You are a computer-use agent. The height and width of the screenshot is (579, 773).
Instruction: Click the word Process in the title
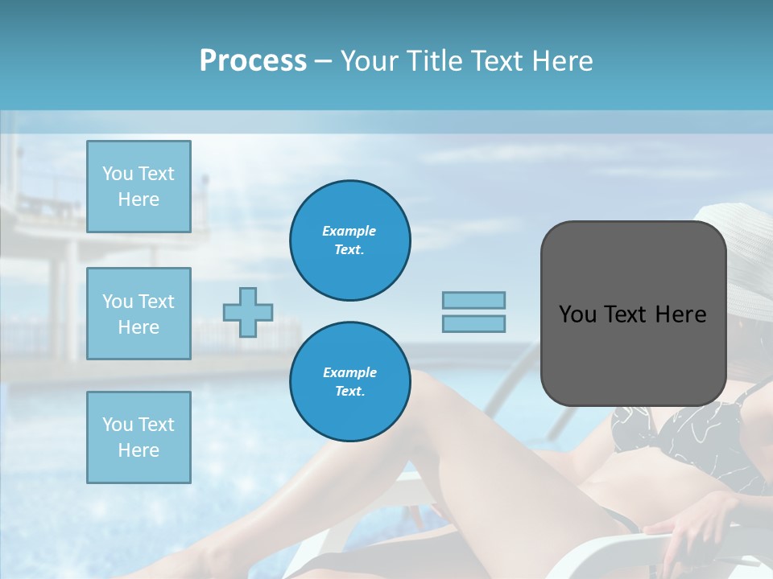click(x=253, y=61)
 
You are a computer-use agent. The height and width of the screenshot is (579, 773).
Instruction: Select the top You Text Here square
click(x=138, y=187)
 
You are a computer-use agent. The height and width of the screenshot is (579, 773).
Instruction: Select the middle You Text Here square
click(x=138, y=314)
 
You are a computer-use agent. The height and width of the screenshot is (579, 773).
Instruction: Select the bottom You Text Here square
click(x=138, y=437)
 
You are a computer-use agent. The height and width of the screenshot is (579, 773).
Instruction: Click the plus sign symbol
click(x=248, y=312)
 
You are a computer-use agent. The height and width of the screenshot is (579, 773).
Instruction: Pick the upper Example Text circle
click(x=349, y=240)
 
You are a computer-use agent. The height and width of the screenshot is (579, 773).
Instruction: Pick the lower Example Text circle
click(x=349, y=382)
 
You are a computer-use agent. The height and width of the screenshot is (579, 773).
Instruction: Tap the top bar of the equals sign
click(x=473, y=300)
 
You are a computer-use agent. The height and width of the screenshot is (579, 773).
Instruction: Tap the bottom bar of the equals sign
click(x=473, y=323)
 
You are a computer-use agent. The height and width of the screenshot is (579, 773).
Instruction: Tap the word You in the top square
click(x=118, y=174)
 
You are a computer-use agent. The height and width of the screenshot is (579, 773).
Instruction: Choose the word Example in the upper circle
click(x=349, y=231)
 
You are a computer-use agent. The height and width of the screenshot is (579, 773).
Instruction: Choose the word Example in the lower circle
click(x=349, y=372)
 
